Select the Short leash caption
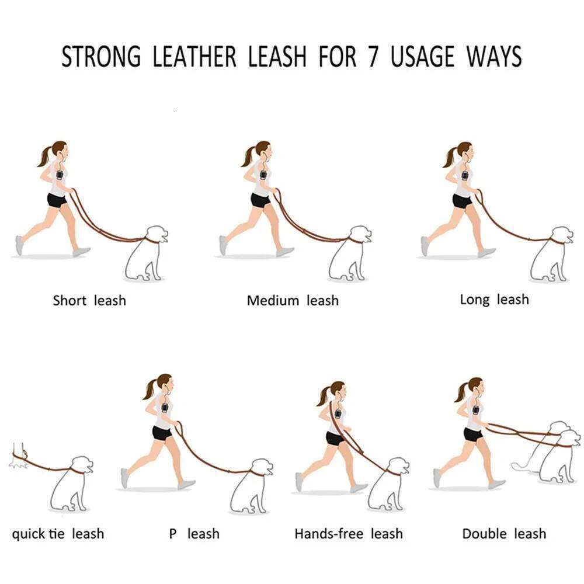[89, 301]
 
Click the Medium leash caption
[293, 301]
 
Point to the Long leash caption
[494, 300]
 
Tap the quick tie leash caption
[58, 534]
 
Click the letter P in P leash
[173, 534]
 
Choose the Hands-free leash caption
[349, 534]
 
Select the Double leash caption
[504, 534]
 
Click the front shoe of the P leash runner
[186, 484]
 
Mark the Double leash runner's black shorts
[473, 434]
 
